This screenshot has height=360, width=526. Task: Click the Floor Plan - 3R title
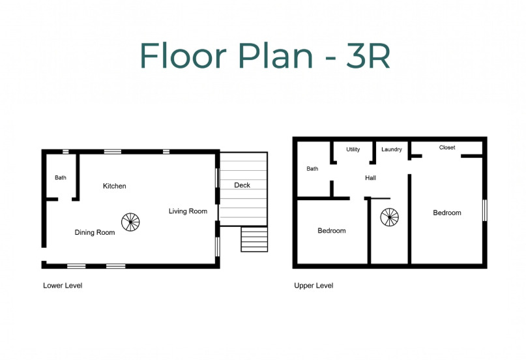click(x=265, y=55)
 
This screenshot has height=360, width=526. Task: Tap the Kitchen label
click(x=115, y=186)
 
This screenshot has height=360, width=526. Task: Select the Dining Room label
click(x=95, y=232)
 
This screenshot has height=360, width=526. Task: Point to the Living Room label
click(x=188, y=211)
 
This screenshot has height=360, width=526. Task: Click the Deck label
click(x=242, y=185)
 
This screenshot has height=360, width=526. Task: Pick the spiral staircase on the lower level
click(x=130, y=222)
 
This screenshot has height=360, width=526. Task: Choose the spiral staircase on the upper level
click(x=390, y=217)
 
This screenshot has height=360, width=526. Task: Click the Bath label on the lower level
click(x=61, y=177)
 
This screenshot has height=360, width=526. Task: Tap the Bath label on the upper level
click(x=312, y=169)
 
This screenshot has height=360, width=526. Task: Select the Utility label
click(x=353, y=149)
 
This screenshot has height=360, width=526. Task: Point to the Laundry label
click(x=392, y=149)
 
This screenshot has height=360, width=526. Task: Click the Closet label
click(x=447, y=147)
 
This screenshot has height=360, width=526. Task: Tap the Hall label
click(x=370, y=178)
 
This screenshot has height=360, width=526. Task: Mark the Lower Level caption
click(x=63, y=286)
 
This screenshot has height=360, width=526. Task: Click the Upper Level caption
click(x=314, y=286)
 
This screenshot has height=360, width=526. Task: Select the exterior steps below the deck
click(x=254, y=239)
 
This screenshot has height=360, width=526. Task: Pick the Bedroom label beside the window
click(x=447, y=213)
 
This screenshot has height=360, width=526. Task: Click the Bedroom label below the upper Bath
click(x=331, y=230)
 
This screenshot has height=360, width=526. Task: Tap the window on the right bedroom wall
click(x=485, y=211)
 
